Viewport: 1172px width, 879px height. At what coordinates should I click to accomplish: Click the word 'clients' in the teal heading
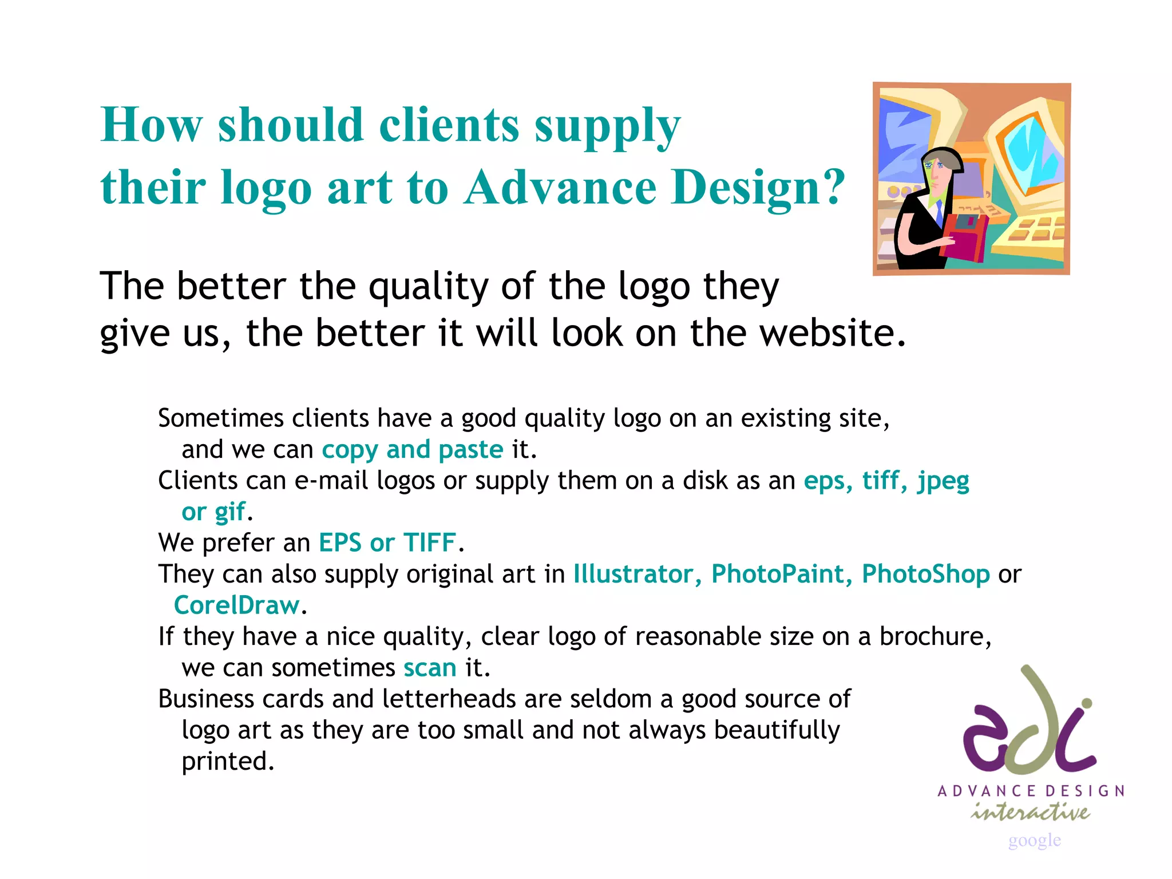tap(449, 125)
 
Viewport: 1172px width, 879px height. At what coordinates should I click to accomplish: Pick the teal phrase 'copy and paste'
tap(412, 450)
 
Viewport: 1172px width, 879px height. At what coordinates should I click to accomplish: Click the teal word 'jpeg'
tap(943, 481)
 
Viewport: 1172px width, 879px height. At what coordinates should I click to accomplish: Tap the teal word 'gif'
tap(230, 512)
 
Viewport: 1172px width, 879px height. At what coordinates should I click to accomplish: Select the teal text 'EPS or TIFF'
tap(387, 543)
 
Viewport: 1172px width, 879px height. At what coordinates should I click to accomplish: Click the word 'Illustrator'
tap(633, 574)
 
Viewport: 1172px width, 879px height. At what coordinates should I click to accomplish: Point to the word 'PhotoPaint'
tap(778, 574)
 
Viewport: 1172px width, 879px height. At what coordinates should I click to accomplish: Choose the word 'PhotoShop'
tap(925, 574)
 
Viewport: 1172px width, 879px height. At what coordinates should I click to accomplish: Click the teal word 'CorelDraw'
tap(236, 605)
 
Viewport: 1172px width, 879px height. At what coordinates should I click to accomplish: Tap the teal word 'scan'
tap(430, 668)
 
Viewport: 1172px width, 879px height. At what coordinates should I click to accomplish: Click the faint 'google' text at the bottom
tap(1034, 840)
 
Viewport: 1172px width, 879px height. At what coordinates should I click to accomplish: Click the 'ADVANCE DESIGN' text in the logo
tap(1031, 791)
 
